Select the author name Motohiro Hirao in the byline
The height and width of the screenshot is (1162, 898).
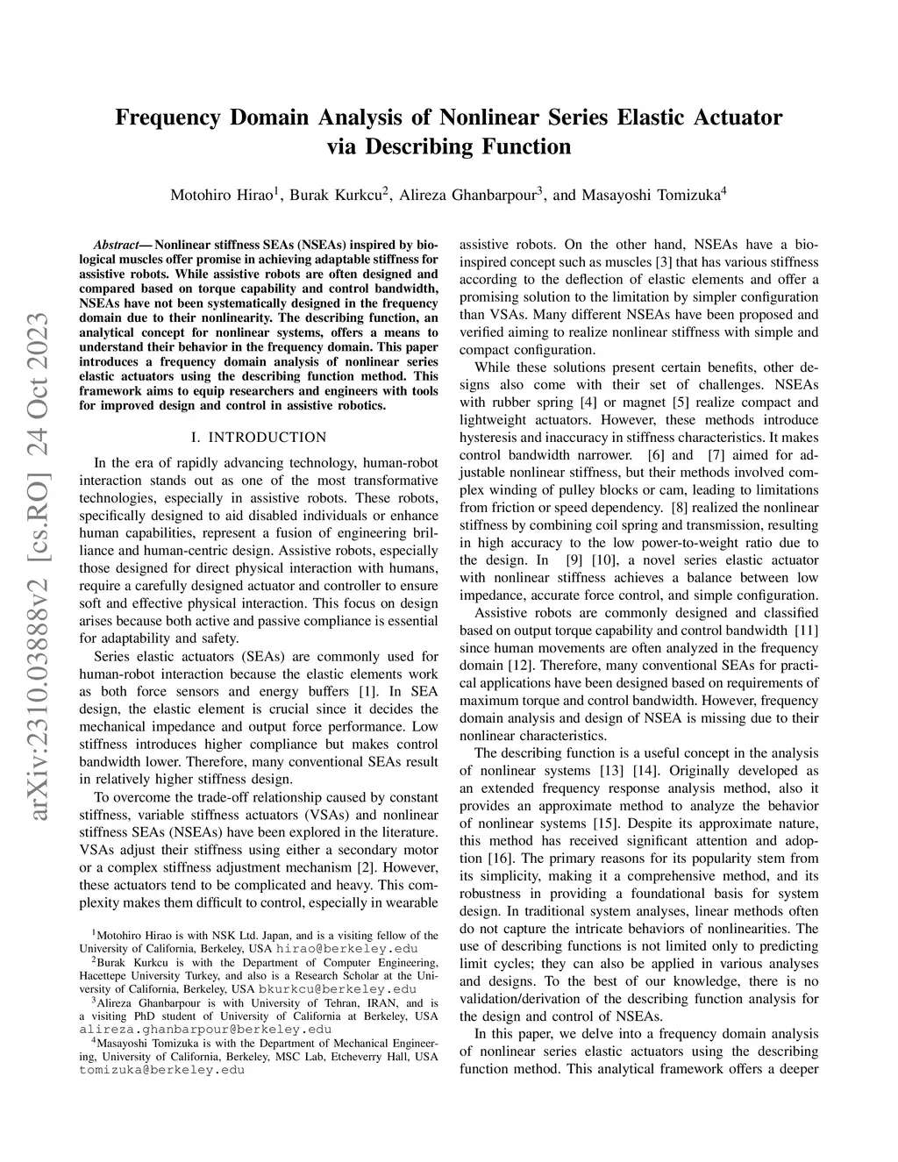[222, 195]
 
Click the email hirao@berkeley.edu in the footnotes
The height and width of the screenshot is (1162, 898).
[346, 948]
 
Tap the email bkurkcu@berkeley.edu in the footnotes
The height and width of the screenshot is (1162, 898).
[338, 988]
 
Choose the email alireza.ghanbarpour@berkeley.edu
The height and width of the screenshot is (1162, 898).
[205, 1029]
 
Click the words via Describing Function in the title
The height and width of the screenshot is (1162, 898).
[448, 146]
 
